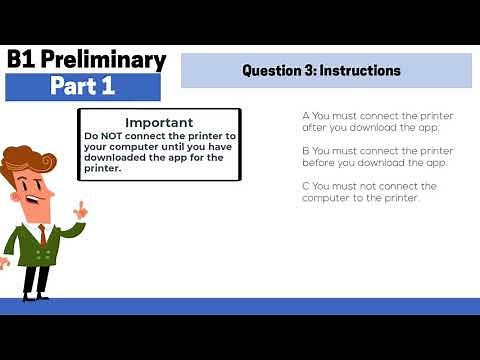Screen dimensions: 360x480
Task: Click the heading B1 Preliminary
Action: click(x=86, y=60)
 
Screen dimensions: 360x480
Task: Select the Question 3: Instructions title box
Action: click(x=326, y=71)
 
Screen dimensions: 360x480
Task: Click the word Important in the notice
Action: click(x=159, y=122)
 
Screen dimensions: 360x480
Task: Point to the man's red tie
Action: click(x=42, y=236)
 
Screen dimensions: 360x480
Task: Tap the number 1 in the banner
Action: click(x=107, y=87)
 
